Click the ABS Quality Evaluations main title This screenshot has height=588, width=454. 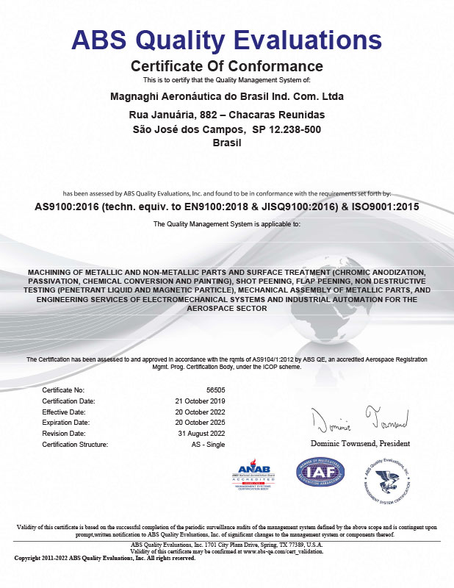(226, 39)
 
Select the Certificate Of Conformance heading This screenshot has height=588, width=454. (226, 65)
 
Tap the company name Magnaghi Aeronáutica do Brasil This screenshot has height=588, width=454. (226, 96)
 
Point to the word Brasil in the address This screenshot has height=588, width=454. (226, 143)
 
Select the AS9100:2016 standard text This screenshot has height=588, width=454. (67, 207)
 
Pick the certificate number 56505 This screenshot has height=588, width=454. (214, 389)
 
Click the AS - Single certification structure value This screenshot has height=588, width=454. (208, 445)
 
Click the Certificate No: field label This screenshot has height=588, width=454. (63, 389)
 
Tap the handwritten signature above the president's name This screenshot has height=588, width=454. (359, 421)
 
